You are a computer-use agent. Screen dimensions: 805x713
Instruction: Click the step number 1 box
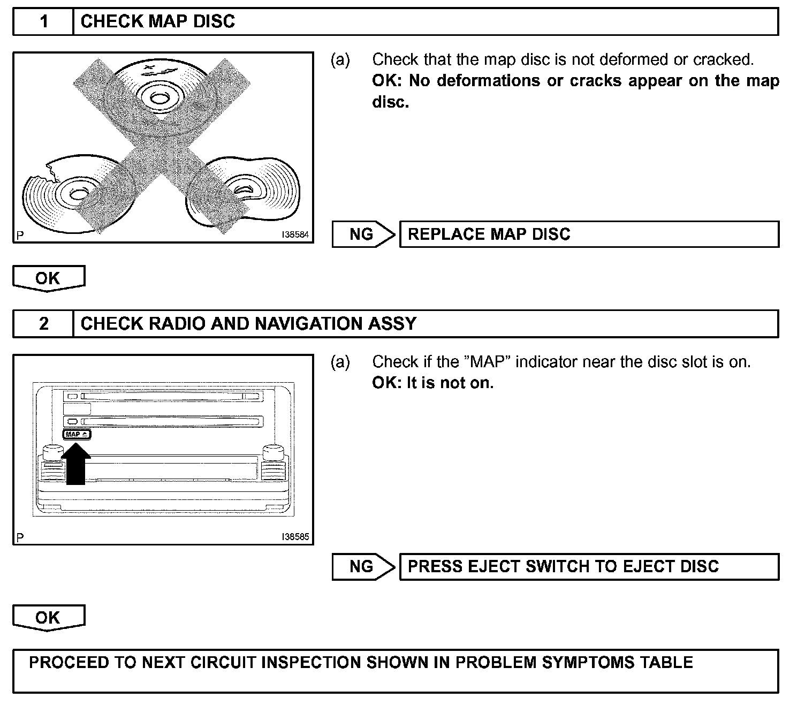coord(43,22)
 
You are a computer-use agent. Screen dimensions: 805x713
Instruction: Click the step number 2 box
coord(43,324)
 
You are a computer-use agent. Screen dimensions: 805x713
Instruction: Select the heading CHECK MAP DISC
coord(158,22)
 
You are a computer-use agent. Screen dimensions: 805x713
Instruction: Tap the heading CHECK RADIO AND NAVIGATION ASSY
coord(248,324)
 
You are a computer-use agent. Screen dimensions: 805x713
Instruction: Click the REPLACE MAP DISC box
coord(589,234)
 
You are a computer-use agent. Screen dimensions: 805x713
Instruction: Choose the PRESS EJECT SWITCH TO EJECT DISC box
coord(589,567)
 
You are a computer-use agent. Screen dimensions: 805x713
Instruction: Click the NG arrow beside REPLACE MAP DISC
coord(363,234)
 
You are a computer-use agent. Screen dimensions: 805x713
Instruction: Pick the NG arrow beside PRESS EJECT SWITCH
coord(363,567)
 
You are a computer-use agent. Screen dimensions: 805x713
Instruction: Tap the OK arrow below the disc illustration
coord(48,278)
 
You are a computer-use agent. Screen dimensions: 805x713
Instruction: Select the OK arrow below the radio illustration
coord(48,618)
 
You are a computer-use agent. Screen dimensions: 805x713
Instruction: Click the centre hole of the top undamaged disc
coord(158,98)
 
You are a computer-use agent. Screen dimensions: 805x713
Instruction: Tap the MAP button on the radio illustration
coord(77,435)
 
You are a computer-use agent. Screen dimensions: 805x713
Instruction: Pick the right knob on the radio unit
coord(274,453)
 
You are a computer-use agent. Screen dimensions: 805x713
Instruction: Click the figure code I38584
coord(295,235)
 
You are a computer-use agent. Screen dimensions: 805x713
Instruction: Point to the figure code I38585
coord(295,537)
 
